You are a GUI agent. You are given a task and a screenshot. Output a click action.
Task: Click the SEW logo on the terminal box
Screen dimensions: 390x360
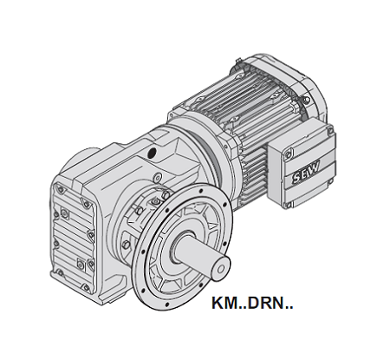click(306, 172)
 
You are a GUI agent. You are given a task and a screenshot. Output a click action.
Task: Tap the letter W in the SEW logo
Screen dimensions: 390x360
click(315, 167)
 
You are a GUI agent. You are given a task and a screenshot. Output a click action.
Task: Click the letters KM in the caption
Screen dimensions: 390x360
click(224, 303)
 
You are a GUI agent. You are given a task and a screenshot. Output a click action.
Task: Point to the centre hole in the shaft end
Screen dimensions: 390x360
click(221, 270)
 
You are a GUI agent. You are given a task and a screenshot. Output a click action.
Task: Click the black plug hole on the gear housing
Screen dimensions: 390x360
click(152, 153)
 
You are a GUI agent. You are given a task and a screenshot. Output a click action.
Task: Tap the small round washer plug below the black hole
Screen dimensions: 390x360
click(158, 177)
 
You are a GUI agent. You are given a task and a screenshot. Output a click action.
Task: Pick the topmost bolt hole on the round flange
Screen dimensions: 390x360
click(201, 191)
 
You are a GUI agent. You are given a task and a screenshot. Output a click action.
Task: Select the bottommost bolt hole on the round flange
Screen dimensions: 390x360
click(166, 304)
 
